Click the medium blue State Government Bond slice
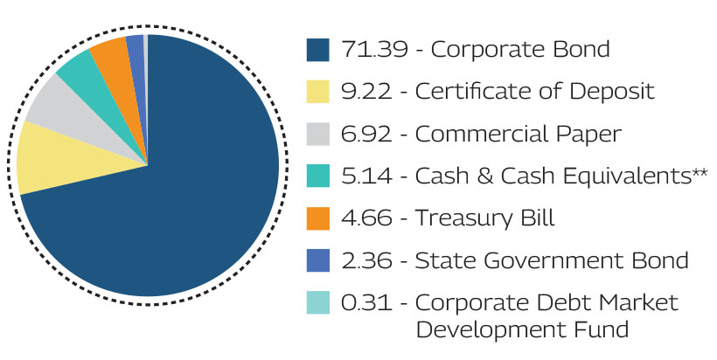coord(136,48)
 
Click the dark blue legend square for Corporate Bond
coord(318,50)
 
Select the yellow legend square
coord(318,92)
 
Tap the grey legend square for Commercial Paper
coord(318,134)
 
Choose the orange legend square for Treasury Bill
coord(318,218)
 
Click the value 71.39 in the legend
coord(364,50)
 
